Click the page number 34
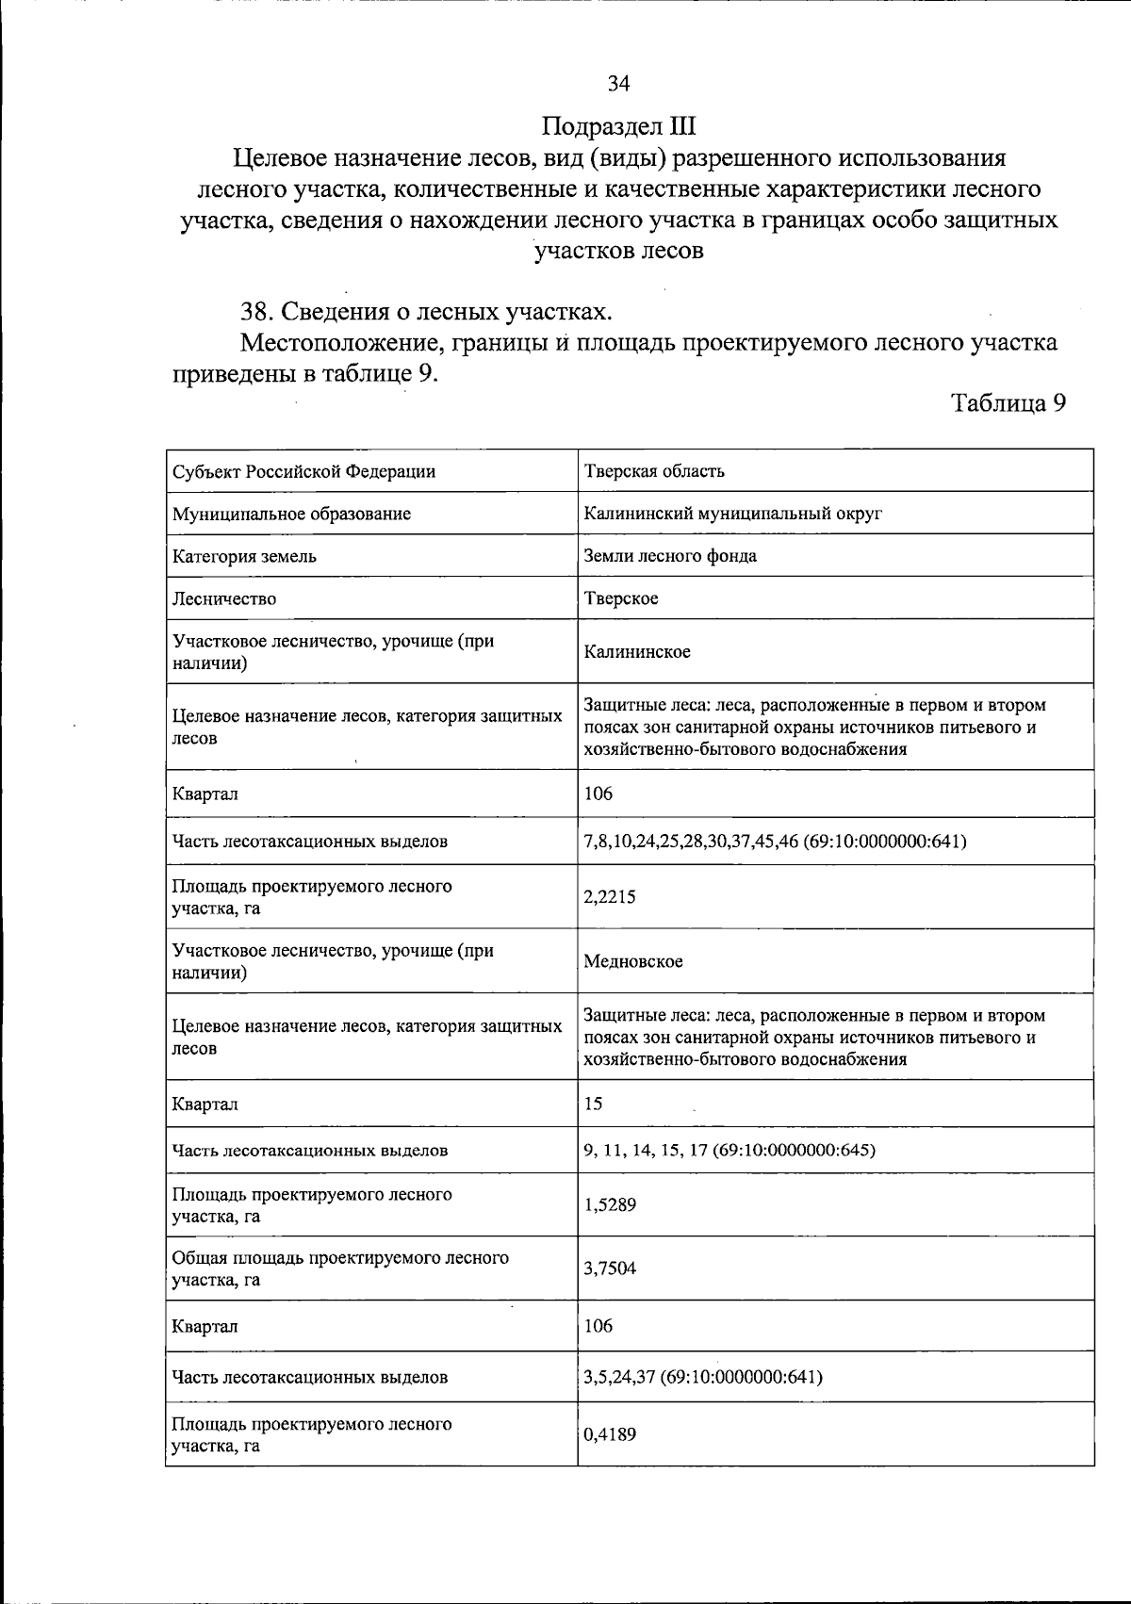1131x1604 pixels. coord(618,84)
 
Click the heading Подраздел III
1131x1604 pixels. coord(618,126)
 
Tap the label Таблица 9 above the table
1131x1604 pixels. coord(1008,403)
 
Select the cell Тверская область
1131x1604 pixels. coord(654,471)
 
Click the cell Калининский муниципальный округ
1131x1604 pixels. coord(732,514)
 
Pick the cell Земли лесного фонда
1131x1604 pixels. coord(670,556)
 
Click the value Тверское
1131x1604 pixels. coord(621,598)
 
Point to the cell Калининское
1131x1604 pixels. coord(636,651)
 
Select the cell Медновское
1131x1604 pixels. coord(633,961)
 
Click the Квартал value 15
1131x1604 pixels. coord(594,1104)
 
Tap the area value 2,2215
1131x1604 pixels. coord(610,896)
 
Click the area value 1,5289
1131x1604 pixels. coord(610,1204)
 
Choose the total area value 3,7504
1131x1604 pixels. coord(610,1268)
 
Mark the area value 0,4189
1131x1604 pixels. coord(610,1434)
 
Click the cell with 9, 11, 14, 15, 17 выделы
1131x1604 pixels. coord(729,1150)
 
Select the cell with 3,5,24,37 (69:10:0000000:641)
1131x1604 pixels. coord(703,1377)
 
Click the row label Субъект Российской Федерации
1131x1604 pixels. coord(303,471)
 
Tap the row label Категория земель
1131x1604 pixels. coord(244,556)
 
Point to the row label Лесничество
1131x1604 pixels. coord(224,598)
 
